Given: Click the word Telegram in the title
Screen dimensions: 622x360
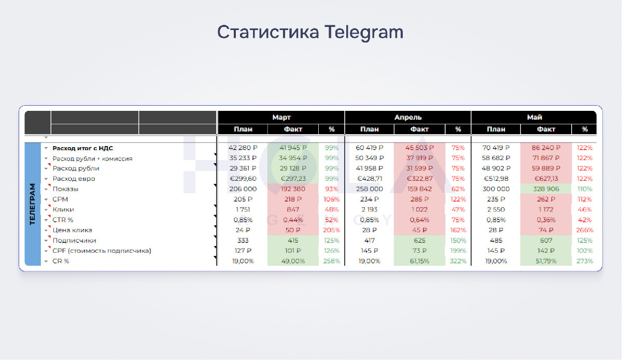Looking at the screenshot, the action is [x=364, y=33].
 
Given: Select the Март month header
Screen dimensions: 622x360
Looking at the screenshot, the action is [x=281, y=117].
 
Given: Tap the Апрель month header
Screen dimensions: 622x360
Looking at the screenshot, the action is [x=408, y=117].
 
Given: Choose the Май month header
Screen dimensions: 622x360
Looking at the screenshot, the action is [x=534, y=117].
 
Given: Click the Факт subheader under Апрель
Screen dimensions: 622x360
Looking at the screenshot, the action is [x=419, y=129].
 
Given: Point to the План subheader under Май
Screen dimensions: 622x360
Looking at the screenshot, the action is [x=496, y=129].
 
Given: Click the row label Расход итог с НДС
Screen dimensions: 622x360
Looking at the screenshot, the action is [x=83, y=148].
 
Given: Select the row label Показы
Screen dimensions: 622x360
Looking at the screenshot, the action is [x=65, y=189].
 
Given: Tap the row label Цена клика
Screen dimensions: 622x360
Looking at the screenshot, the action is [x=72, y=230].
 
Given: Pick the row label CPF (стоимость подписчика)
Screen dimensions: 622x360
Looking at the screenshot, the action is [x=102, y=251].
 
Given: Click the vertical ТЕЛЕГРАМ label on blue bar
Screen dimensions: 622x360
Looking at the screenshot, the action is [x=33, y=204].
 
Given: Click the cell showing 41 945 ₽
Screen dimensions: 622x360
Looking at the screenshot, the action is [x=293, y=148].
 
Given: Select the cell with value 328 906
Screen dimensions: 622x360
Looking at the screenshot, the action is [x=546, y=189].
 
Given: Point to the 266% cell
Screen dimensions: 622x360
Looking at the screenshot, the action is [x=585, y=230].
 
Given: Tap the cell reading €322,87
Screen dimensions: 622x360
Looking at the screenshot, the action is [x=419, y=179].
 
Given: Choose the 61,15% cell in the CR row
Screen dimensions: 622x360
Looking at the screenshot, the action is [x=419, y=261].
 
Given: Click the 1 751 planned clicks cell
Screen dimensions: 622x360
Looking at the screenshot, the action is [x=243, y=210].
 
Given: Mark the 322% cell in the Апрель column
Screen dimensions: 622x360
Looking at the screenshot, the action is [x=458, y=261].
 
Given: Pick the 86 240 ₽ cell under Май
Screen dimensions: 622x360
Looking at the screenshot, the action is [x=546, y=148].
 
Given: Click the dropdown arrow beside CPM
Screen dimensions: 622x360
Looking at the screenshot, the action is [x=46, y=199].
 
